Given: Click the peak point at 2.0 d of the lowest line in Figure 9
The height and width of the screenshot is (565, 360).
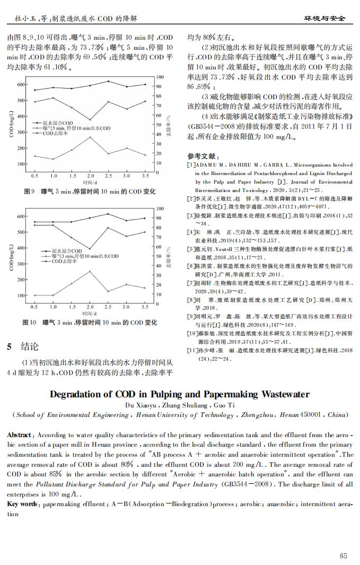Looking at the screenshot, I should tap(90, 137).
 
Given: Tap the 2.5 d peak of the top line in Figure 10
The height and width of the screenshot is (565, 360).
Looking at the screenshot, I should tap(108, 214).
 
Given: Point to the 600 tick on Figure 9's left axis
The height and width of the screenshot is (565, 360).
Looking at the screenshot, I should tap(20, 85).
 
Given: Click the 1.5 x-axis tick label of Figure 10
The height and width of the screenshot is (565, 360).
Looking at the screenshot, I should tap(71, 307).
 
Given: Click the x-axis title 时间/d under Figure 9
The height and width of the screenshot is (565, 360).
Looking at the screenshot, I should tap(90, 181).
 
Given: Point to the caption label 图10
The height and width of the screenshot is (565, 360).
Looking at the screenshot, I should tap(29, 323).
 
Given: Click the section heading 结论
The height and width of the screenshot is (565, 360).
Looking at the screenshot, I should tap(29, 347).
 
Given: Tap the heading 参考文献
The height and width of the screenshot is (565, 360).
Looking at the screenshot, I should tap(202, 157).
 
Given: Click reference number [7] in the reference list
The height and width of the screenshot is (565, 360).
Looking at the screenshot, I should tap(192, 283).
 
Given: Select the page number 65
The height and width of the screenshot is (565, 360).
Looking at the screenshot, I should tap(344, 555).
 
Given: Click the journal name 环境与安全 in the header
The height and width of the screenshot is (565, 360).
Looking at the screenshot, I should tap(324, 19).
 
